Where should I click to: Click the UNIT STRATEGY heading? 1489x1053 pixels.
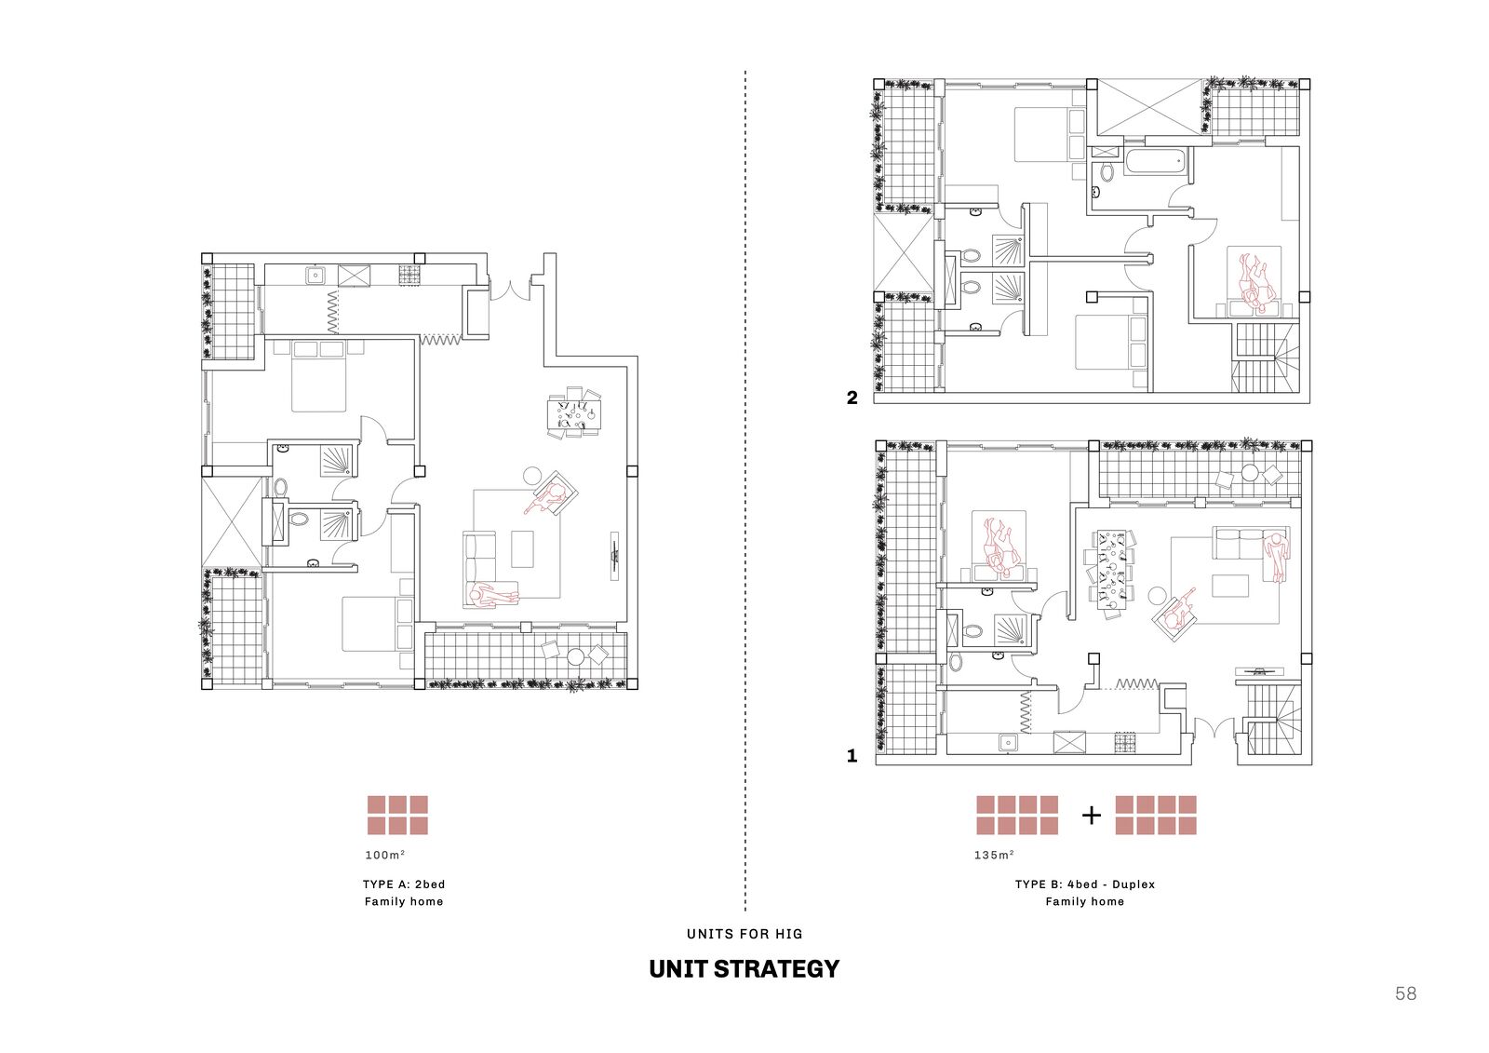click(x=744, y=968)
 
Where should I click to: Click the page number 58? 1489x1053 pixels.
click(x=1406, y=993)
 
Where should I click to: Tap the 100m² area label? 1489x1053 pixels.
click(x=385, y=855)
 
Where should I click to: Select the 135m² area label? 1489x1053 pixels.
click(x=995, y=855)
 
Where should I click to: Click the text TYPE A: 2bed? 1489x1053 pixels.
click(x=404, y=884)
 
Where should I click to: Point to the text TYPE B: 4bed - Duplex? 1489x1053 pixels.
click(x=1085, y=884)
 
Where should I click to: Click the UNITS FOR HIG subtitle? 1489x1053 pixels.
click(x=744, y=934)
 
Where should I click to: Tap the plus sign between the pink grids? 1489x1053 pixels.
click(x=1092, y=815)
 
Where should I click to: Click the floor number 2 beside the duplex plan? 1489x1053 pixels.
click(x=852, y=398)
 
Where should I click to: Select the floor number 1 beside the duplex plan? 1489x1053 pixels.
click(x=852, y=756)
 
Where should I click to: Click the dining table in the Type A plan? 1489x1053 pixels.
click(x=574, y=413)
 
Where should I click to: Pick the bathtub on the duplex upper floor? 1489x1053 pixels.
click(x=1158, y=162)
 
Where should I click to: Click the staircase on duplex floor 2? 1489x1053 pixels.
click(x=1264, y=358)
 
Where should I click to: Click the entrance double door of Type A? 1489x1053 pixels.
click(x=511, y=290)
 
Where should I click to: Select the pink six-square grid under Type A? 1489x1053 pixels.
click(x=397, y=815)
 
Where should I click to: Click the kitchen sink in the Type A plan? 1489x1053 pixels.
click(x=315, y=275)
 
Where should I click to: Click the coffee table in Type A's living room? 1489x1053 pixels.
click(x=522, y=548)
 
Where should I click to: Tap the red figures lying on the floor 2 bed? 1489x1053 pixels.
click(x=1254, y=281)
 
